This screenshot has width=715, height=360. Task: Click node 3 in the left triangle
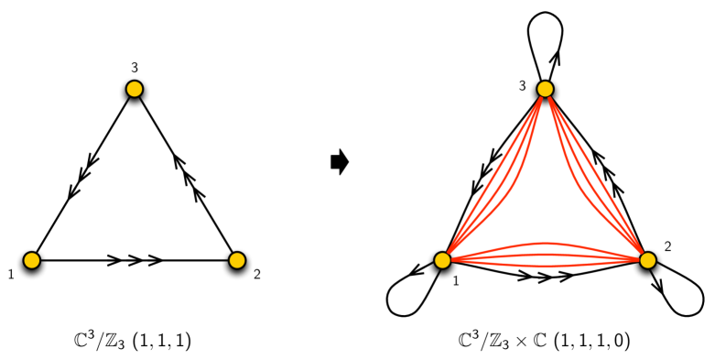tap(135, 89)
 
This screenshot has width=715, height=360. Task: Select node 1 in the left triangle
tap(32, 260)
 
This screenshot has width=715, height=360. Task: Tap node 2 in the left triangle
tap(237, 260)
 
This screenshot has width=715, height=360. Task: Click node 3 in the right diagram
tap(546, 89)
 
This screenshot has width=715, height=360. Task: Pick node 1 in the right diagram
tap(443, 260)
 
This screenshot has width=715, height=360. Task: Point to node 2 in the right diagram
tap(648, 260)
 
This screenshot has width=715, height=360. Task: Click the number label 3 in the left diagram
tap(135, 67)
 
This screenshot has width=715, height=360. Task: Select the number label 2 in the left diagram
tap(257, 274)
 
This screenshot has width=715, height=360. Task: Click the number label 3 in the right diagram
tap(522, 85)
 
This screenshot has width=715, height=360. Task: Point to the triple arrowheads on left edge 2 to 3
tap(189, 175)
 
